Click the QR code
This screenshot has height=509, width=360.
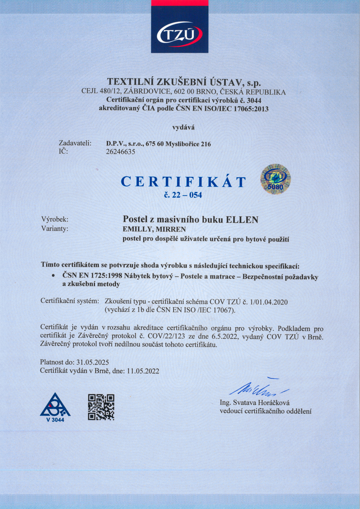click(x=101, y=407)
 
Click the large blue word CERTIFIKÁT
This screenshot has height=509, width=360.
click(x=183, y=182)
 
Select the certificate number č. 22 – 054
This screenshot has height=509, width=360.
click(x=183, y=195)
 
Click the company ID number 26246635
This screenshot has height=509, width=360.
click(x=120, y=152)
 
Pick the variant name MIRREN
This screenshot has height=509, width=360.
click(x=171, y=229)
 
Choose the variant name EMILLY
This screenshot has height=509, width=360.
click(x=137, y=229)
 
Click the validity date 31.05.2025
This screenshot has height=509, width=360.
click(x=93, y=362)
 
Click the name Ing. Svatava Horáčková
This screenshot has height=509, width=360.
click(x=255, y=403)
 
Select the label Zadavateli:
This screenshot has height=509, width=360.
click(x=75, y=143)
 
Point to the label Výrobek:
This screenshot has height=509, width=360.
click(x=55, y=219)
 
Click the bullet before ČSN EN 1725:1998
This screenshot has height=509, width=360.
click(x=53, y=275)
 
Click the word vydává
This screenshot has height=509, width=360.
click(x=183, y=127)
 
